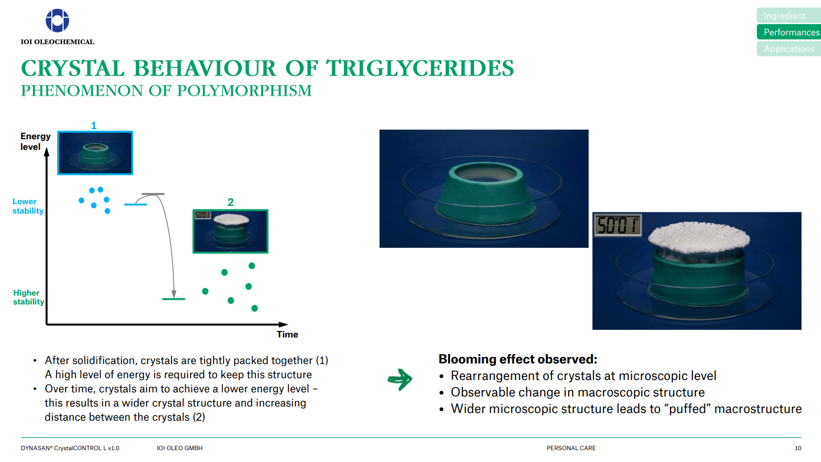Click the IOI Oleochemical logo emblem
tap(57, 21)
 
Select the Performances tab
tap(789, 32)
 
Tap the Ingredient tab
tap(789, 15)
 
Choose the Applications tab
tap(789, 49)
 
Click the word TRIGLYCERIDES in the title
tap(420, 68)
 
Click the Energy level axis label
tap(35, 142)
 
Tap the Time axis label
tap(287, 335)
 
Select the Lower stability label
tap(28, 206)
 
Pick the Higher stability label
tap(28, 297)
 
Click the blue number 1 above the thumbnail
tap(94, 126)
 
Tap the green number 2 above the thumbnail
tap(230, 202)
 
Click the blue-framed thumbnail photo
tap(96, 153)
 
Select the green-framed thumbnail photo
tap(231, 231)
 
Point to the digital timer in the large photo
tap(618, 225)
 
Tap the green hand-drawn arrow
tap(400, 379)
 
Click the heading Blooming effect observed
tap(518, 359)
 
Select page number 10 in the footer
tap(798, 448)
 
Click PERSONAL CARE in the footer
tap(571, 448)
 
